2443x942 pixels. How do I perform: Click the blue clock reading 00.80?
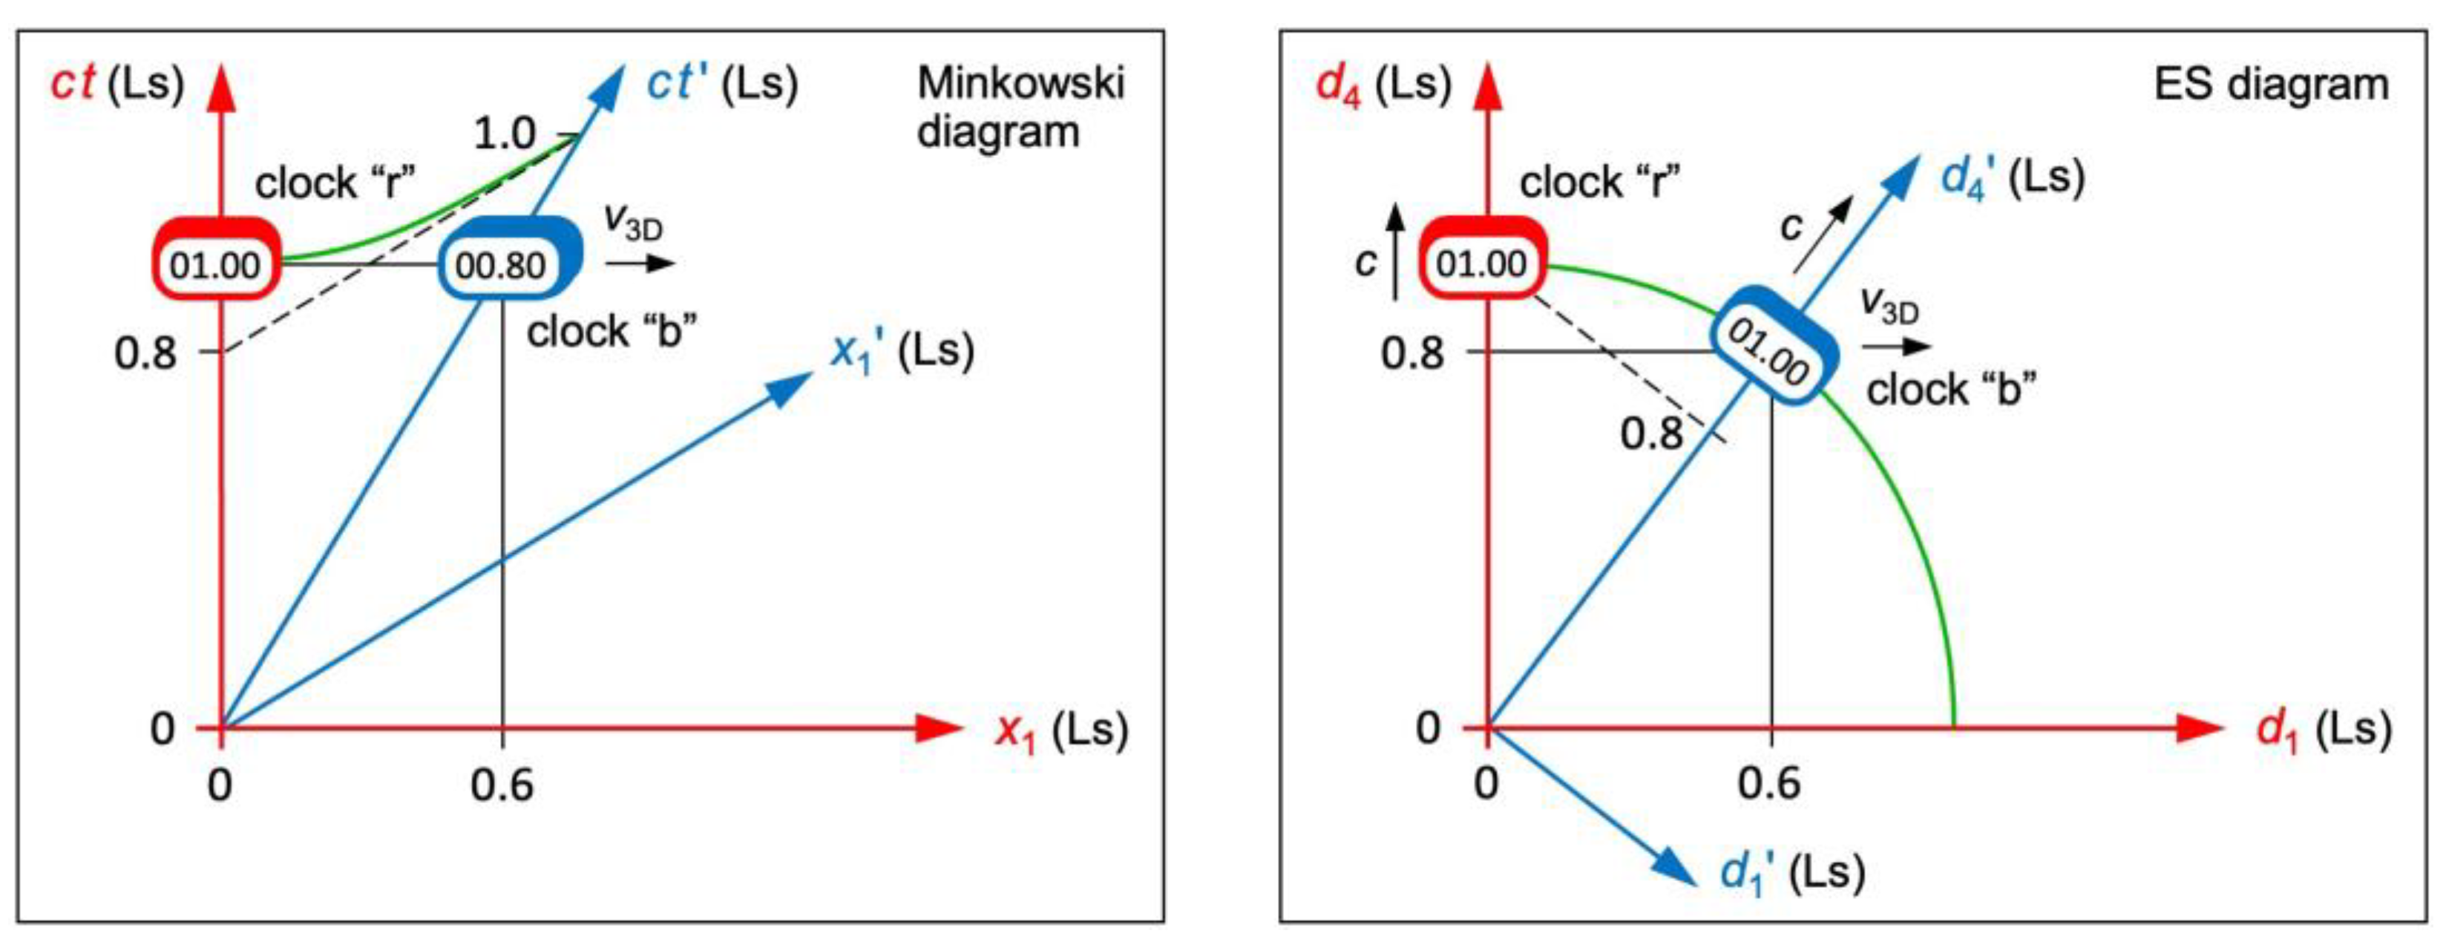(509, 263)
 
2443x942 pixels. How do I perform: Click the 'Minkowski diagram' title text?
(1019, 107)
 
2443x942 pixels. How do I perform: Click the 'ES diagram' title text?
(2270, 85)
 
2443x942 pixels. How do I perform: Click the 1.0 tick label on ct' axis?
(505, 134)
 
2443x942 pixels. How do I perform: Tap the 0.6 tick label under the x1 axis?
(502, 785)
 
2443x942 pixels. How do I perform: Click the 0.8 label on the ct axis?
(145, 353)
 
